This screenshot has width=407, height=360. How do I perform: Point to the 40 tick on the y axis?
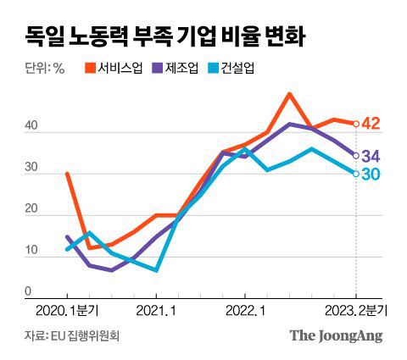pyautogui.click(x=31, y=126)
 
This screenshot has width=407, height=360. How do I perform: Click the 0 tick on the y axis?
pyautogui.click(x=28, y=291)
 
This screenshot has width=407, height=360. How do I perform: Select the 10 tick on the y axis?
pyautogui.click(x=31, y=250)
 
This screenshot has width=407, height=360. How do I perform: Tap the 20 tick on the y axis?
pyautogui.click(x=31, y=208)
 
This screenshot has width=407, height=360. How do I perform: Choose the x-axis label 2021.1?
pyautogui.click(x=156, y=311)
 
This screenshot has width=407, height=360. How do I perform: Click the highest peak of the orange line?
pyautogui.click(x=290, y=94)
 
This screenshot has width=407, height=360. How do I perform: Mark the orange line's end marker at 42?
pyautogui.click(x=355, y=124)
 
